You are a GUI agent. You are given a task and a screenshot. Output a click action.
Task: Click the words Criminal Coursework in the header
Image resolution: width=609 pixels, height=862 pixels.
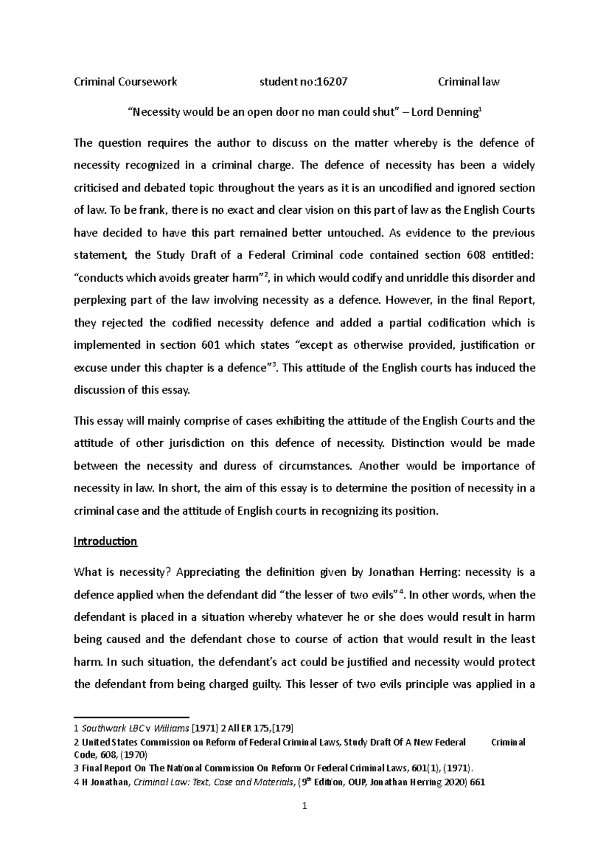pos(125,81)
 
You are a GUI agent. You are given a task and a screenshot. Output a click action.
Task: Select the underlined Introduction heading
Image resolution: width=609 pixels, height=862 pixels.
pos(106,541)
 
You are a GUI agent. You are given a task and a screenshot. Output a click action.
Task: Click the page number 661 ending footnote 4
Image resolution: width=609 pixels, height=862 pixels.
pos(478,782)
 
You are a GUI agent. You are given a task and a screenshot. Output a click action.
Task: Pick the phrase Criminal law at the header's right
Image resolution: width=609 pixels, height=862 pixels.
pos(468,81)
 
